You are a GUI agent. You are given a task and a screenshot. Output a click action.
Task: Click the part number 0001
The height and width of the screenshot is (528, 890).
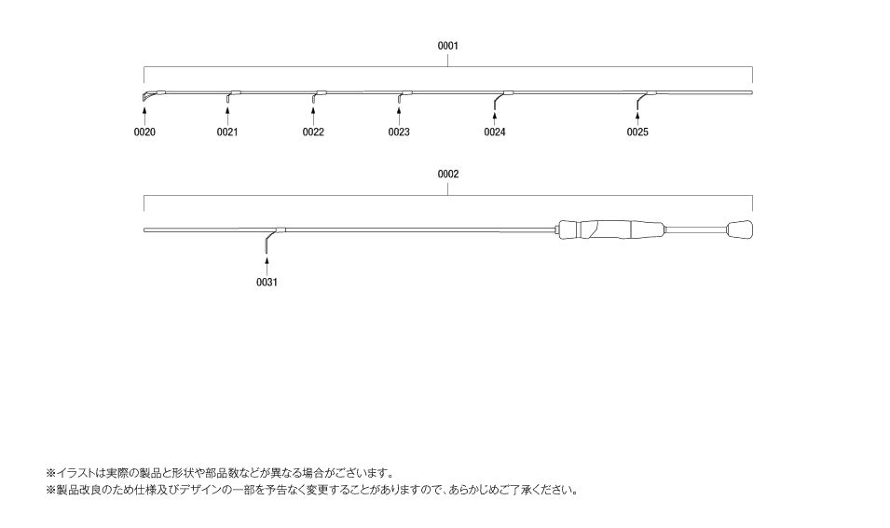click(x=448, y=46)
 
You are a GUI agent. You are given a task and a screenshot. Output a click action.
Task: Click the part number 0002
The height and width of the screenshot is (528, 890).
click(x=448, y=174)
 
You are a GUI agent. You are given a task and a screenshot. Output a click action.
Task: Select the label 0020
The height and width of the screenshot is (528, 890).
click(x=144, y=132)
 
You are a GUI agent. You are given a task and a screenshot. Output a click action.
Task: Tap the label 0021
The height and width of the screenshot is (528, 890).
click(x=227, y=132)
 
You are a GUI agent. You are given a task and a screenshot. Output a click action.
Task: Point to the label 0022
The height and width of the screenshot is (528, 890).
click(x=313, y=132)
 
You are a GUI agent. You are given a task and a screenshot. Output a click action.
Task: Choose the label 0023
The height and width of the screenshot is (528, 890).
click(x=399, y=132)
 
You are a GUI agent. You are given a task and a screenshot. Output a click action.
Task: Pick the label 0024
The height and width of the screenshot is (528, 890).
click(x=495, y=132)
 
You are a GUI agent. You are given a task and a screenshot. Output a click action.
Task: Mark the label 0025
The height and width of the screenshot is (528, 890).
click(x=637, y=132)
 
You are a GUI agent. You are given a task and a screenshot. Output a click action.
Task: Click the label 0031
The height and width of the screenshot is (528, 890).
click(x=267, y=283)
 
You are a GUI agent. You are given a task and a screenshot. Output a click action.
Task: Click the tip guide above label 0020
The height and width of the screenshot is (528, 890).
click(x=145, y=96)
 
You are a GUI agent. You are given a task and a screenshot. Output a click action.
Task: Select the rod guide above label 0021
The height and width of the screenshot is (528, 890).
click(x=228, y=96)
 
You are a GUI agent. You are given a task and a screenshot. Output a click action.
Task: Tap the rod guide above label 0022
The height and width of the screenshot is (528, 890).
click(x=314, y=96)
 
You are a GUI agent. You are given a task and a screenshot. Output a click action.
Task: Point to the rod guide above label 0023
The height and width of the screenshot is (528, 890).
click(x=400, y=96)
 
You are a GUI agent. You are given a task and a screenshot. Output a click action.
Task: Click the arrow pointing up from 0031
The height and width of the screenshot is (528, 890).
click(x=267, y=267)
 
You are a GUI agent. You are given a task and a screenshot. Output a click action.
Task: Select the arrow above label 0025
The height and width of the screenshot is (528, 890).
click(x=637, y=118)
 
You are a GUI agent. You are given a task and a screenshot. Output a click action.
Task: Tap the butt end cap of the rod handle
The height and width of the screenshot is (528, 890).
click(x=740, y=230)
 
